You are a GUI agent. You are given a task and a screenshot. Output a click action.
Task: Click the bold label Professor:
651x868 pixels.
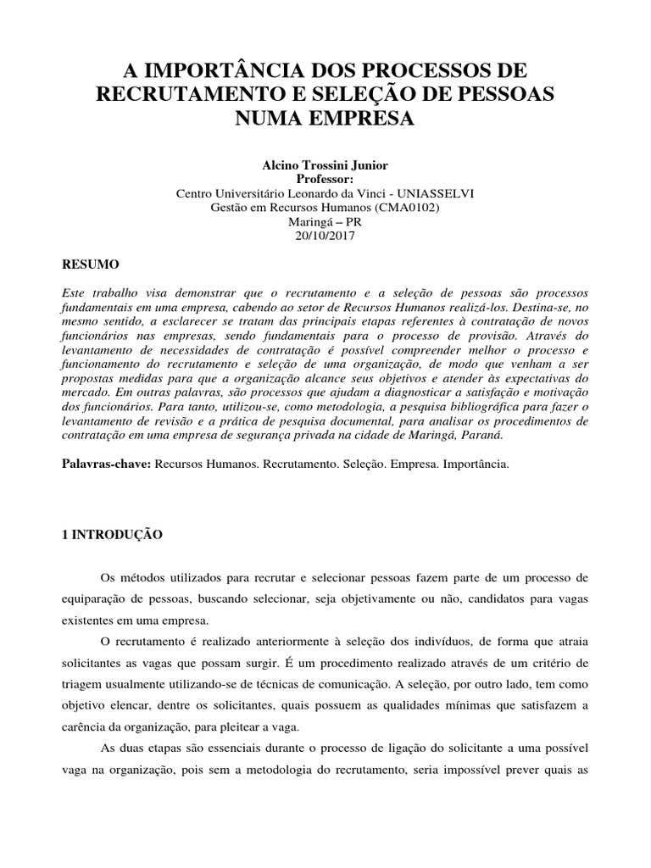click(325, 180)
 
